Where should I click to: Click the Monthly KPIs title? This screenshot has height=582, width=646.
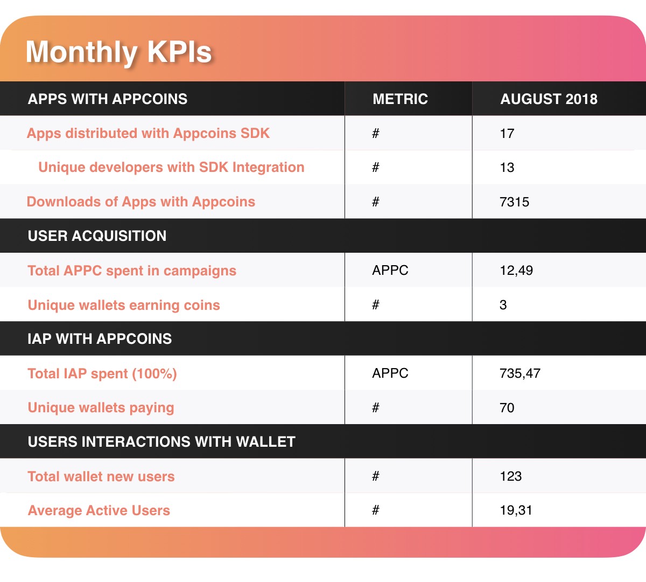(x=118, y=52)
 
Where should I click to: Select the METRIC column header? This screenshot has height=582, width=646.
(x=400, y=99)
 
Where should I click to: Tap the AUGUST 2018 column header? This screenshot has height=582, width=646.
(x=549, y=99)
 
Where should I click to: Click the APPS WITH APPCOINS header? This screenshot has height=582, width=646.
(x=108, y=99)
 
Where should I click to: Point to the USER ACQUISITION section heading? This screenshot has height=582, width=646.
(x=97, y=236)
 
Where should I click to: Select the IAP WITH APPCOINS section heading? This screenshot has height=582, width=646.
(x=100, y=339)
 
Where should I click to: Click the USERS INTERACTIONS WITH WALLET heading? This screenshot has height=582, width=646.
(x=161, y=442)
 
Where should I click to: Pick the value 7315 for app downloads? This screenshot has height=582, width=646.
(x=514, y=202)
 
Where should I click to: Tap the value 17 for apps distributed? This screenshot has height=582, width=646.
(x=507, y=134)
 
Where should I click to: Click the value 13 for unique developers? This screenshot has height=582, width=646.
(x=507, y=168)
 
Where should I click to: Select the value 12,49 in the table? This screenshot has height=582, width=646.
(x=516, y=271)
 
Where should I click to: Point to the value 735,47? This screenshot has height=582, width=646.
(x=519, y=373)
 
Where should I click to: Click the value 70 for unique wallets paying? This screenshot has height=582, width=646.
(x=507, y=408)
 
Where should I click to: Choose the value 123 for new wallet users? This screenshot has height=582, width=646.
(x=510, y=476)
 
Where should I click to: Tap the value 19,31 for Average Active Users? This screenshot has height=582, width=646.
(x=516, y=510)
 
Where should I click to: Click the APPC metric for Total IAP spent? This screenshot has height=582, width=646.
(x=390, y=373)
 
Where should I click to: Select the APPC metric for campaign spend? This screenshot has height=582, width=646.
(x=390, y=271)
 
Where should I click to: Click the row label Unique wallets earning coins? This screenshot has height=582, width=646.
(x=124, y=305)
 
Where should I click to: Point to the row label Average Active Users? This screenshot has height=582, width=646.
(x=99, y=510)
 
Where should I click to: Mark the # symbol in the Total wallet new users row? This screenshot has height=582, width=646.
(x=376, y=476)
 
